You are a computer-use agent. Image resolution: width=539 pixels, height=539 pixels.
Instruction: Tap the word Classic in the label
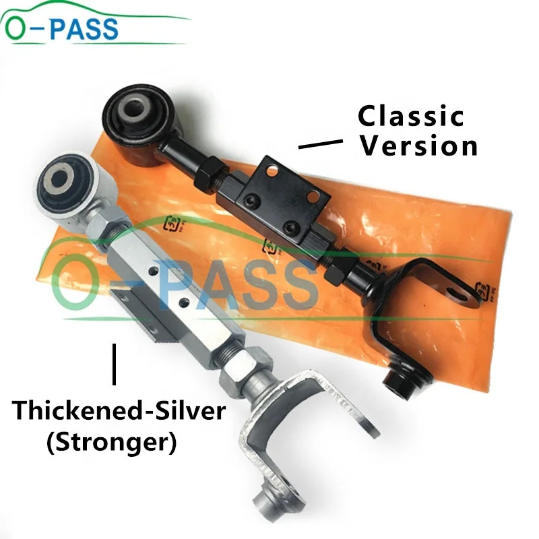pyautogui.click(x=410, y=116)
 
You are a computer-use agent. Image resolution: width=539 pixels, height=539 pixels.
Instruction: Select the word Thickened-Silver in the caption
pyautogui.click(x=117, y=410)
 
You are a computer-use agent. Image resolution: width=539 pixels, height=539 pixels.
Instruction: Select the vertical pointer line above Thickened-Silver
pyautogui.click(x=115, y=364)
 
